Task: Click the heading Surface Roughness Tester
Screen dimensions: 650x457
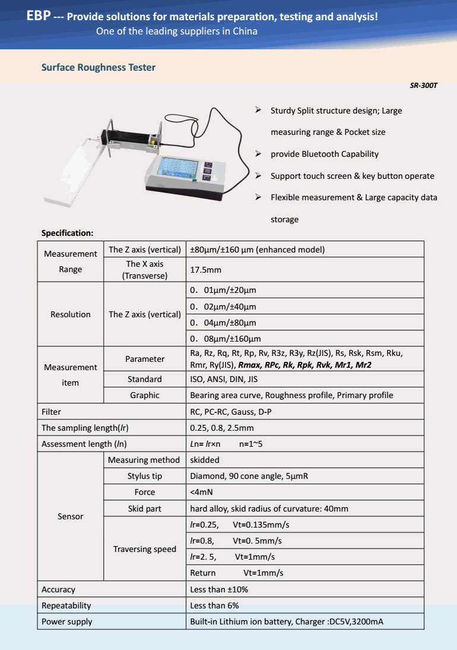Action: pyautogui.click(x=99, y=67)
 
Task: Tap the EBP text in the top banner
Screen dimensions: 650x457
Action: pyautogui.click(x=39, y=16)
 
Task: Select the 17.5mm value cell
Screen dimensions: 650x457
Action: pyautogui.click(x=205, y=270)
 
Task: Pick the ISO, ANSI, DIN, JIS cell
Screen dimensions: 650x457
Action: pyautogui.click(x=224, y=379)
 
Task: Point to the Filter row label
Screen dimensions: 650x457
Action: pyautogui.click(x=52, y=411)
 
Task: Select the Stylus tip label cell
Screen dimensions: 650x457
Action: pyautogui.click(x=145, y=476)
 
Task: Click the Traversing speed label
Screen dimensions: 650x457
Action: pyautogui.click(x=145, y=549)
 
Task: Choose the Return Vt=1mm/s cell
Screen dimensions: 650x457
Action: pyautogui.click(x=236, y=573)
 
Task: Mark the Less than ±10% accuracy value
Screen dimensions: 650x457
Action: pyautogui.click(x=219, y=589)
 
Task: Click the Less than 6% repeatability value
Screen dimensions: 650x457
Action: pyautogui.click(x=214, y=605)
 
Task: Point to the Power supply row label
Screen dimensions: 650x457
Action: pyautogui.click(x=67, y=621)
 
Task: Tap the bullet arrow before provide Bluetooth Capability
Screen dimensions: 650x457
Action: pyautogui.click(x=259, y=154)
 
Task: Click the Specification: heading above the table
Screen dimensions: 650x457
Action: pyautogui.click(x=67, y=233)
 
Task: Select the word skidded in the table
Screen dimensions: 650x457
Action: pyautogui.click(x=205, y=460)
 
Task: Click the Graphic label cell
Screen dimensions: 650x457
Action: pyautogui.click(x=145, y=395)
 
